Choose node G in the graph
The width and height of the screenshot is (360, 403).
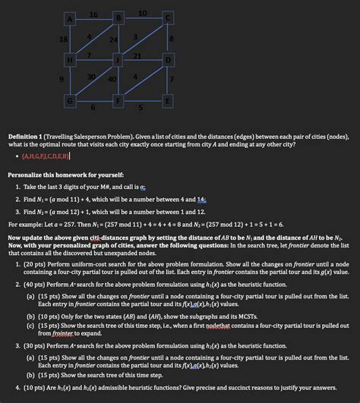coord(71,100)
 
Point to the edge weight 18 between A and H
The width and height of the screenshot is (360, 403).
coord(62,39)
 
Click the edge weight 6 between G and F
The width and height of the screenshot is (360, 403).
coord(93,107)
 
